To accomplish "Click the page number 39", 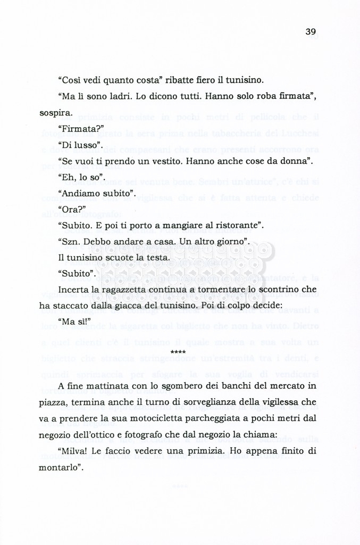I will click(x=311, y=32).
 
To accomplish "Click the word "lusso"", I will click(x=87, y=145).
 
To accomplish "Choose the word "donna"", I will click(x=295, y=161).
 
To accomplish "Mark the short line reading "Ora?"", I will click(x=71, y=209).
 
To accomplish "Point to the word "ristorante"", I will click(x=237, y=225).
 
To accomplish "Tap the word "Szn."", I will click(x=70, y=242).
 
